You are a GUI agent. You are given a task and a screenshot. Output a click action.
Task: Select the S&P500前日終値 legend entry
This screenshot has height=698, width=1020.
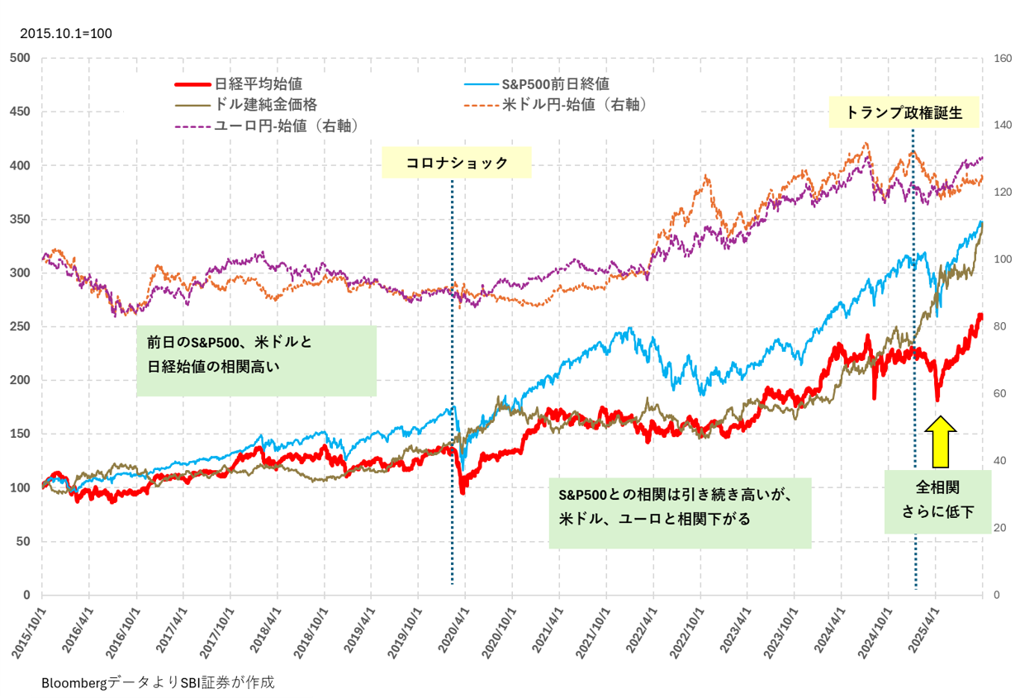pos(555,83)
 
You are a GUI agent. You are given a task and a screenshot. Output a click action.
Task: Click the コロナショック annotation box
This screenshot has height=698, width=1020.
pos(457,163)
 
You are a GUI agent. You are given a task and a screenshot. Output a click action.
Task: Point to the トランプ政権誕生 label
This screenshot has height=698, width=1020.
pos(904,112)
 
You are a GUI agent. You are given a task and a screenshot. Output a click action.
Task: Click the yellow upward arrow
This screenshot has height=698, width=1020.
pos(940,440)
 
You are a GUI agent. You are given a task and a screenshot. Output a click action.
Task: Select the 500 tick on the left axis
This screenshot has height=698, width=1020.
pos(20,58)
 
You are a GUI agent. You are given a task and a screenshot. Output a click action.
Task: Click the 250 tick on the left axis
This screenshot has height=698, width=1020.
pos(20,327)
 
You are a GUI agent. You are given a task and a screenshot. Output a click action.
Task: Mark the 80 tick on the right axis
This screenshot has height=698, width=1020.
pos(999,327)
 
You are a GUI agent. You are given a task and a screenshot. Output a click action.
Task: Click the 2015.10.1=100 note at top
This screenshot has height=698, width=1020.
pos(65,34)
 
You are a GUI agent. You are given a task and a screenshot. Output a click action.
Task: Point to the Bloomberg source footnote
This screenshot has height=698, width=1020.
pos(157,683)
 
